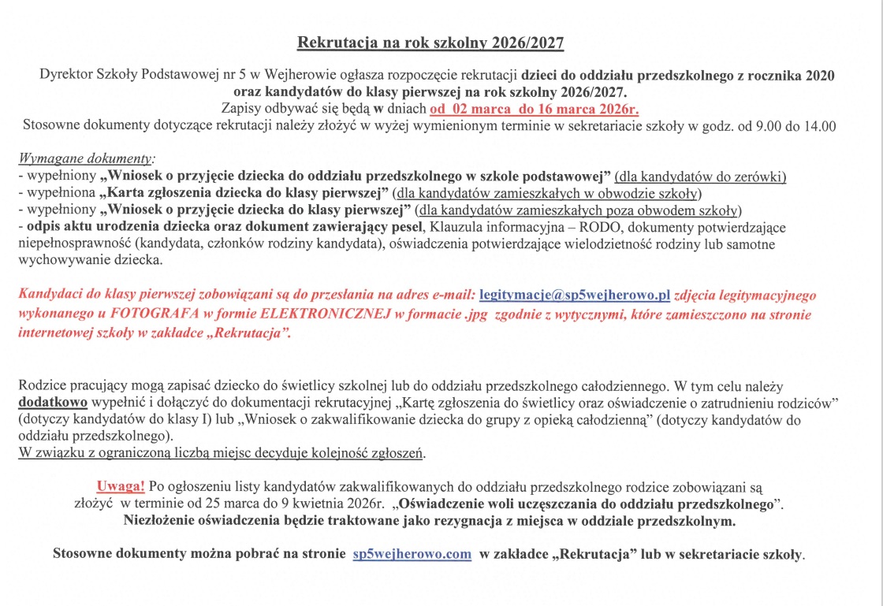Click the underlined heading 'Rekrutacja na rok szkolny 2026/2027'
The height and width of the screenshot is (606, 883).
(x=430, y=43)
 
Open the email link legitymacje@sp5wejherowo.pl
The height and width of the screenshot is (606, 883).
(x=574, y=296)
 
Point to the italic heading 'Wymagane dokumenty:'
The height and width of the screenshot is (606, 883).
(x=87, y=158)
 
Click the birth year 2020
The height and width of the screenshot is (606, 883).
(x=820, y=76)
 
